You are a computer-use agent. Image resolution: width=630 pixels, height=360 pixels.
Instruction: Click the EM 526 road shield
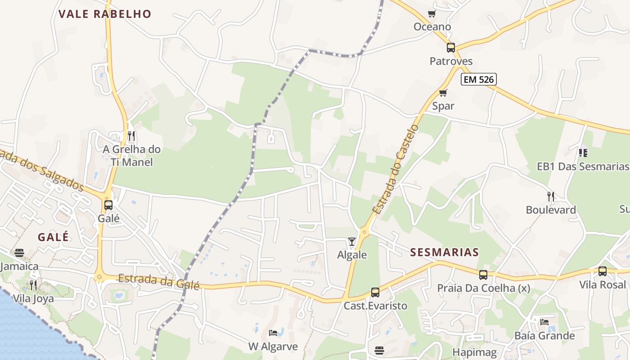478,80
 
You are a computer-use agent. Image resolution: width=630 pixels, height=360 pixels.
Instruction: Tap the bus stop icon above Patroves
450,48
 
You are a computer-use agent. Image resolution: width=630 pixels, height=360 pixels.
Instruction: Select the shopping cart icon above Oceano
432,13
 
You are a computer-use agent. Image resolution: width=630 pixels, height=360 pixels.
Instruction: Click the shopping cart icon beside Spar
443,93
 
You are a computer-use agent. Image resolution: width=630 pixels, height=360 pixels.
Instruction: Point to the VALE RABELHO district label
105,14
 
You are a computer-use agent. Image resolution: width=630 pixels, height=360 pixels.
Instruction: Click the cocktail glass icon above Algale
352,242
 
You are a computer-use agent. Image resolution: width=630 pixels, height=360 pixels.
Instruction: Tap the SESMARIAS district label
445,252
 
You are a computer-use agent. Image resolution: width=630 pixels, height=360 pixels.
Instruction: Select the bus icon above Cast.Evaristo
375,292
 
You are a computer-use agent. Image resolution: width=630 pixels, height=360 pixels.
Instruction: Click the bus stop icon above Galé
108,205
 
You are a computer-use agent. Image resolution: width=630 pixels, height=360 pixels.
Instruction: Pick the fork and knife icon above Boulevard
550,196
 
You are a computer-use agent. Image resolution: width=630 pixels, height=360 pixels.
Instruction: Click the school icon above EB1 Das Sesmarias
583,153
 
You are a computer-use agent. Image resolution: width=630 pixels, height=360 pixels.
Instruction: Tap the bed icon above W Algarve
273,333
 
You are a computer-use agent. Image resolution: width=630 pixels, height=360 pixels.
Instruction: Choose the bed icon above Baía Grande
544,322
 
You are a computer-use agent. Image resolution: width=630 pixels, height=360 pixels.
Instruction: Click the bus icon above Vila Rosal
603,271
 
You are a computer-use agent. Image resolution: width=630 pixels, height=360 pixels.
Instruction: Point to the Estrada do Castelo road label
396,169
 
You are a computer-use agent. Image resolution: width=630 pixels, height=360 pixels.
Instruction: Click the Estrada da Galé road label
158,281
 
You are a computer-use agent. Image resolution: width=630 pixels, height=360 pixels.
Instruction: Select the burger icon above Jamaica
19,253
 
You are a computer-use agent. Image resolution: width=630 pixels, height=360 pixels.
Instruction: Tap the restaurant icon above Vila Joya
33,285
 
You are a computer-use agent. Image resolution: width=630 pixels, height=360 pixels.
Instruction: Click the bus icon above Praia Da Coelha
483,274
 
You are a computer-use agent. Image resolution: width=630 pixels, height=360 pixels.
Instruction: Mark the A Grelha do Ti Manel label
131,156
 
